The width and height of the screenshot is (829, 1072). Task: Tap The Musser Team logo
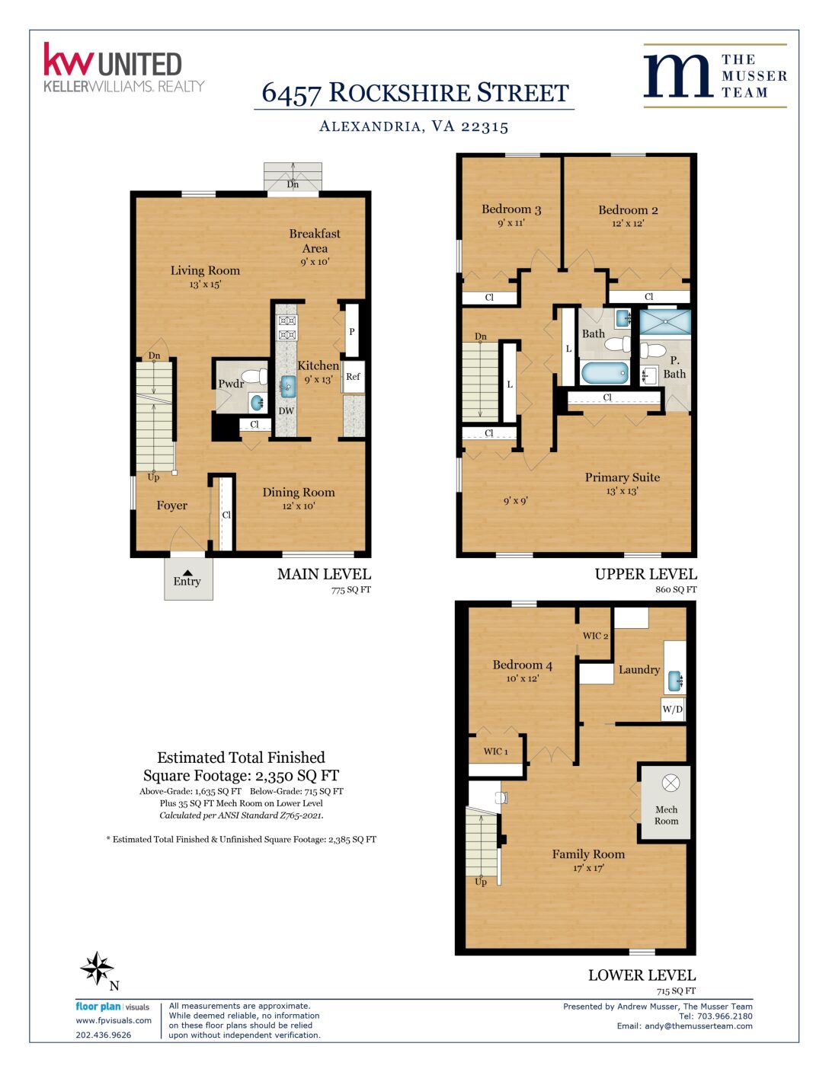[715, 75]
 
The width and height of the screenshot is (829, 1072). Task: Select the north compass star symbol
[98, 967]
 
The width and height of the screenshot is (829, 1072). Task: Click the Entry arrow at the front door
[187, 573]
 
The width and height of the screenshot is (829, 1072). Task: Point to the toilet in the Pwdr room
[254, 376]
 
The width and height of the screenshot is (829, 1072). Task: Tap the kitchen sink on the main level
[288, 386]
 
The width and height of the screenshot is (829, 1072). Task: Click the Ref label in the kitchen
[353, 376]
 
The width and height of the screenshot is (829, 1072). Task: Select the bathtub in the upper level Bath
[605, 373]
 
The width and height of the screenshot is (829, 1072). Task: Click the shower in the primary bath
[665, 322]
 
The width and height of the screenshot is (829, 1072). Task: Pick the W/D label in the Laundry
[673, 710]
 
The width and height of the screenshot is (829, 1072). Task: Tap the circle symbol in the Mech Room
[671, 783]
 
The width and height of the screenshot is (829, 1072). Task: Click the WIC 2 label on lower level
[595, 636]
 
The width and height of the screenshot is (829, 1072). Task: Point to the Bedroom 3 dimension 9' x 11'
[511, 223]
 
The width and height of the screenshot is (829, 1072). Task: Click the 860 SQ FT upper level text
[676, 589]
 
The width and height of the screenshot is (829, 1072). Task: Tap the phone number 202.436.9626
[104, 1035]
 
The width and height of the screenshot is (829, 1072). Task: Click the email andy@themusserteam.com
[699, 1026]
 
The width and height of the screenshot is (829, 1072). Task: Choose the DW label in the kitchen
[286, 410]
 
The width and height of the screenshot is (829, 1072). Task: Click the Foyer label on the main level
[172, 506]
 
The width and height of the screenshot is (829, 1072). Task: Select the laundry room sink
[675, 681]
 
